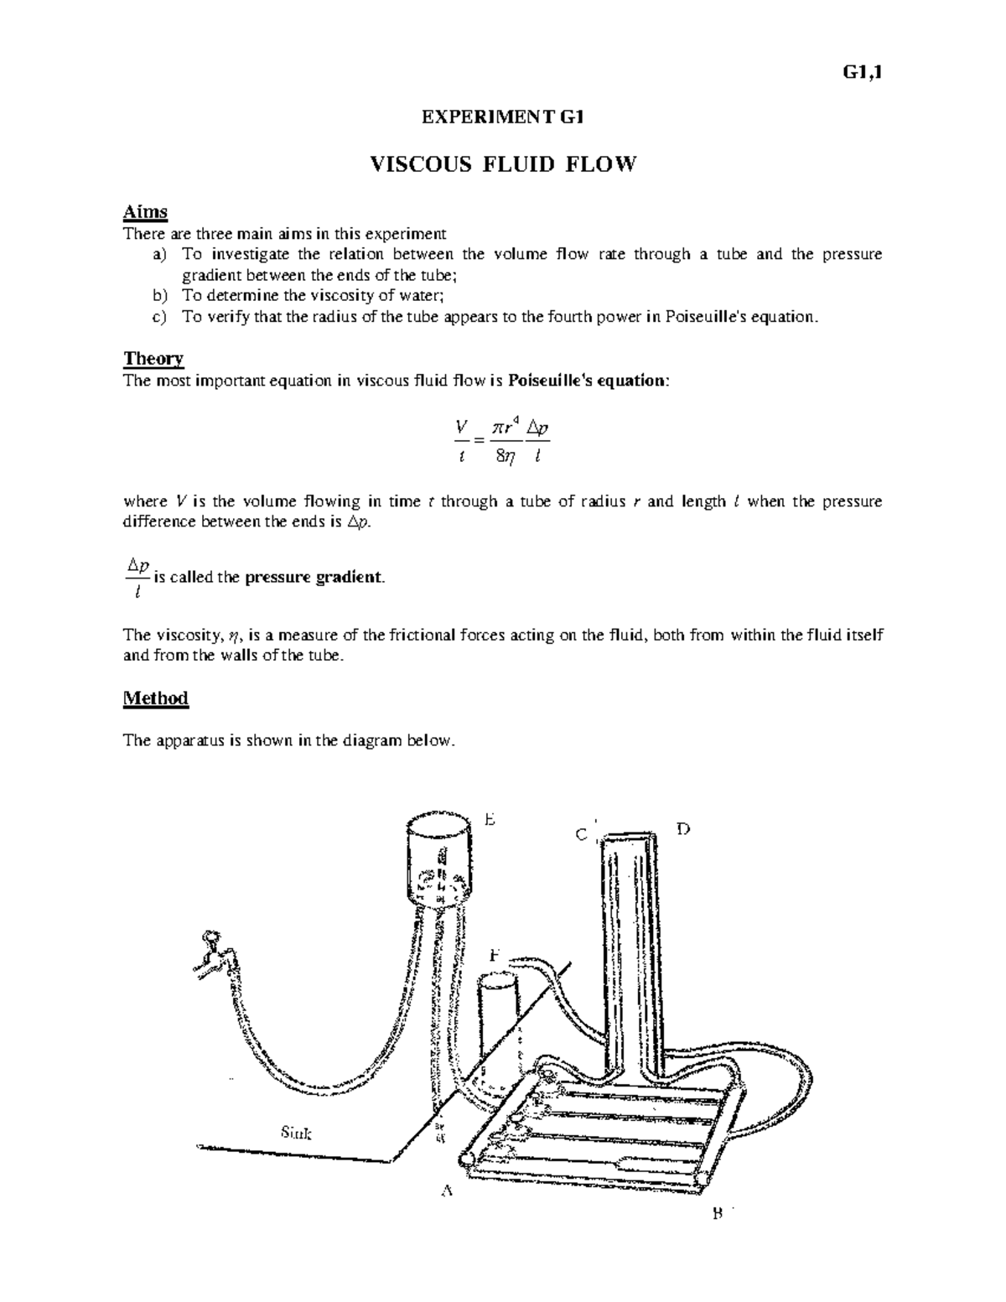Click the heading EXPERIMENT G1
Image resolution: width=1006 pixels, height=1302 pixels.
[x=501, y=117]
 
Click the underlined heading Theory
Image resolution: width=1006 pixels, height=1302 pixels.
[x=153, y=359]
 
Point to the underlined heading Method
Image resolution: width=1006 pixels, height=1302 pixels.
[x=156, y=698]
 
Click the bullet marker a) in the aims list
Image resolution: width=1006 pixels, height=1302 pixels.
[x=159, y=254]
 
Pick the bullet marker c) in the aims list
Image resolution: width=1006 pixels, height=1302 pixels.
[x=159, y=317]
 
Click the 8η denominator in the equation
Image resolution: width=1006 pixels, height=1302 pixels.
[x=506, y=458]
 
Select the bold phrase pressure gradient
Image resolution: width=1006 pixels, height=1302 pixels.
[x=312, y=578]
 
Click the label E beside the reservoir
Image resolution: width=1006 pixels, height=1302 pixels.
[x=490, y=821]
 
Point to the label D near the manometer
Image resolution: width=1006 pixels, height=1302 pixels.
[x=682, y=829]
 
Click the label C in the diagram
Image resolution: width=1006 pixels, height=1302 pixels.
[x=580, y=835]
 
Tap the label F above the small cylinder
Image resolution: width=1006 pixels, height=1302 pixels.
[x=495, y=955]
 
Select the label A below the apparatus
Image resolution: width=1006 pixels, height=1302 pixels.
[x=447, y=1191]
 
